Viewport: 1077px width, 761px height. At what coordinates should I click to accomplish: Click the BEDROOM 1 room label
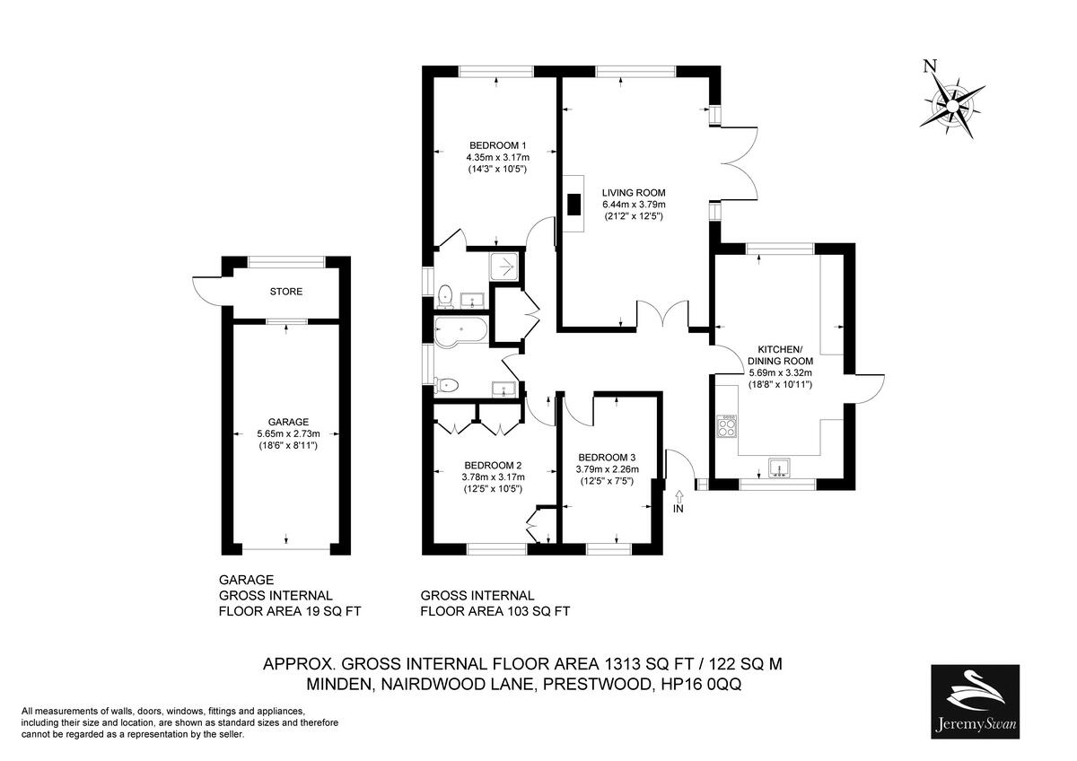tap(497, 146)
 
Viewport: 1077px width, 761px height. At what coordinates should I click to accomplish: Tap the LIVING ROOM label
tap(634, 193)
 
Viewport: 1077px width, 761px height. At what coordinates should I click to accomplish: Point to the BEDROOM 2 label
tap(492, 466)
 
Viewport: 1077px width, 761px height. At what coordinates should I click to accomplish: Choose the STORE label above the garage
tap(286, 292)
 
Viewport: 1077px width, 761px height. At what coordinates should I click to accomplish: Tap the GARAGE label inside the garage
tap(288, 422)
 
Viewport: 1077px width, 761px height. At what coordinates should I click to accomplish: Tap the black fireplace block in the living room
tap(573, 205)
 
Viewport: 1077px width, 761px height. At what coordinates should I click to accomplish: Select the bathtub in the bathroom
tap(460, 329)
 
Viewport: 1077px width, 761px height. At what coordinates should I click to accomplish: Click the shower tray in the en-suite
tap(504, 266)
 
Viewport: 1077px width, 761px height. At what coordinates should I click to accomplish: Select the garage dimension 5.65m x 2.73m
tap(288, 433)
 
